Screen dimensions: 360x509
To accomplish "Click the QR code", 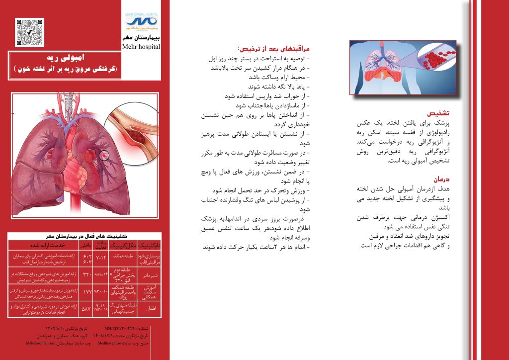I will click(x=30, y=32).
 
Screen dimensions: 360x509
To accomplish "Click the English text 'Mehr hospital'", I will click(x=141, y=47).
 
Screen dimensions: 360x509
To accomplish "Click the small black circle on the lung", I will click(x=103, y=155).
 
